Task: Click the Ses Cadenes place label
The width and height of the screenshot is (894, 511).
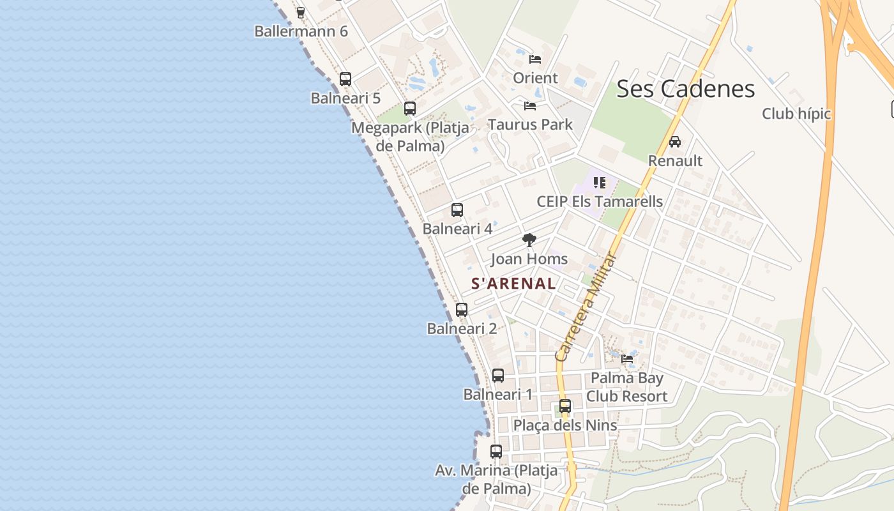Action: (685, 89)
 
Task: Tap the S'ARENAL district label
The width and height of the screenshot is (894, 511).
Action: (513, 284)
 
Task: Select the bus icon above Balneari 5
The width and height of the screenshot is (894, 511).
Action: (345, 79)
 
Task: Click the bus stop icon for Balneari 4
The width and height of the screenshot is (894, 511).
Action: (457, 210)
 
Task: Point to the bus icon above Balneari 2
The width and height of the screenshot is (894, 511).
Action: (462, 310)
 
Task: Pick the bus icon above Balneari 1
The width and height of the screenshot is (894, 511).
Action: (498, 376)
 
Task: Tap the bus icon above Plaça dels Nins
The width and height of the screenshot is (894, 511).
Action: (565, 406)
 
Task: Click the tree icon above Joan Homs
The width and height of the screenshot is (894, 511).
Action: (529, 240)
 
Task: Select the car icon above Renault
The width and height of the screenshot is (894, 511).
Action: (675, 142)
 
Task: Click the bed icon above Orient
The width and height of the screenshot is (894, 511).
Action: (535, 59)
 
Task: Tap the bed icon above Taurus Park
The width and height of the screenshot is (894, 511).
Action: (530, 105)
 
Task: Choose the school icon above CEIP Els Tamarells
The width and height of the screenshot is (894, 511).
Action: (599, 183)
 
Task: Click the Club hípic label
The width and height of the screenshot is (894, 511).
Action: (796, 114)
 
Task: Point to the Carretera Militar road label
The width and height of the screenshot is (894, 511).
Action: (586, 307)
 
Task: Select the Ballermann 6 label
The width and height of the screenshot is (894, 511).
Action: (301, 31)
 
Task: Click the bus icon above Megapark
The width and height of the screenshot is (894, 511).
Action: (410, 109)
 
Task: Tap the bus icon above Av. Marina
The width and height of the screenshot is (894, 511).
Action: (496, 452)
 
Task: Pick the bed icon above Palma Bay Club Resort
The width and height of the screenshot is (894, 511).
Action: (627, 359)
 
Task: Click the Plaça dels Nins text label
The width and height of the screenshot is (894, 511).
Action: (565, 425)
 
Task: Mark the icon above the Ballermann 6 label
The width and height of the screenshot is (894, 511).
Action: (301, 12)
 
